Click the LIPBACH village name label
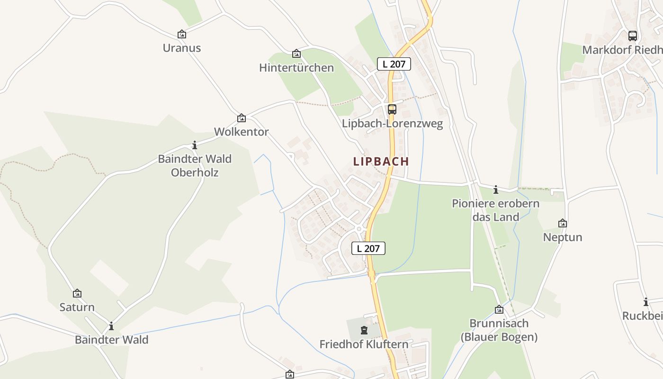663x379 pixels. pos(381,161)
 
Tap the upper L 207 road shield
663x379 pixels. pos(394,64)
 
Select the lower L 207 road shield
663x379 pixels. pos(368,248)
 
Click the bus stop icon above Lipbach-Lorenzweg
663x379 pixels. pos(392,109)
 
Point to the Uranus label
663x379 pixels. pos(182,48)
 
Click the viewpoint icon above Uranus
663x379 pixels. pos(181,34)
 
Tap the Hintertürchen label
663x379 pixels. pos(296,68)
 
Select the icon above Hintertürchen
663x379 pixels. pos(296,54)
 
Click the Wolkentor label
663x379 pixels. pos(242,132)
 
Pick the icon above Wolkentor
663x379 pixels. pos(242,118)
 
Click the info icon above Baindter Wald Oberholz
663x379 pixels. pos(195,145)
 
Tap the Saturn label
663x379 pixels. pos(77,307)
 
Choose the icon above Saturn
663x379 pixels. pos(77,294)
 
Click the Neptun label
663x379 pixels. pos(563,237)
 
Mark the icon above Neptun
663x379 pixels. pos(563,223)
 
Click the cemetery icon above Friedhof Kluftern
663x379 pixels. pos(364,330)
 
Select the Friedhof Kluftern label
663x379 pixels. pos(364,344)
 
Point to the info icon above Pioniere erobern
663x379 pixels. pos(496,190)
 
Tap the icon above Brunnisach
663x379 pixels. pos(499,310)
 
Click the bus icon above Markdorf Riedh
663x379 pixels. pos(633,36)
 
